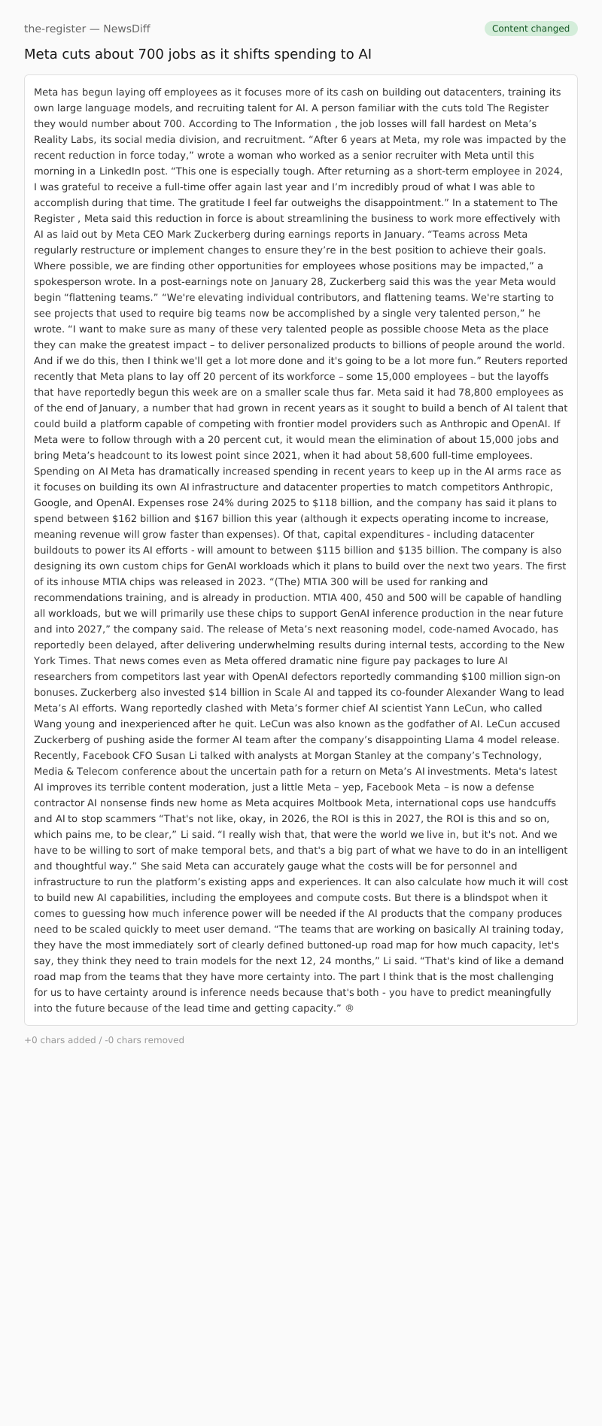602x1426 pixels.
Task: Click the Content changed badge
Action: tap(531, 29)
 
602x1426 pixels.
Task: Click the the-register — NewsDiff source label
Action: tap(87, 29)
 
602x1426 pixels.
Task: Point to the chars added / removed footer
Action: tap(104, 1040)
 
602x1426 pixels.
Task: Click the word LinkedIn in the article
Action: tap(122, 171)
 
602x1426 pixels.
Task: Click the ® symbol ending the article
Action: tap(349, 1008)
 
